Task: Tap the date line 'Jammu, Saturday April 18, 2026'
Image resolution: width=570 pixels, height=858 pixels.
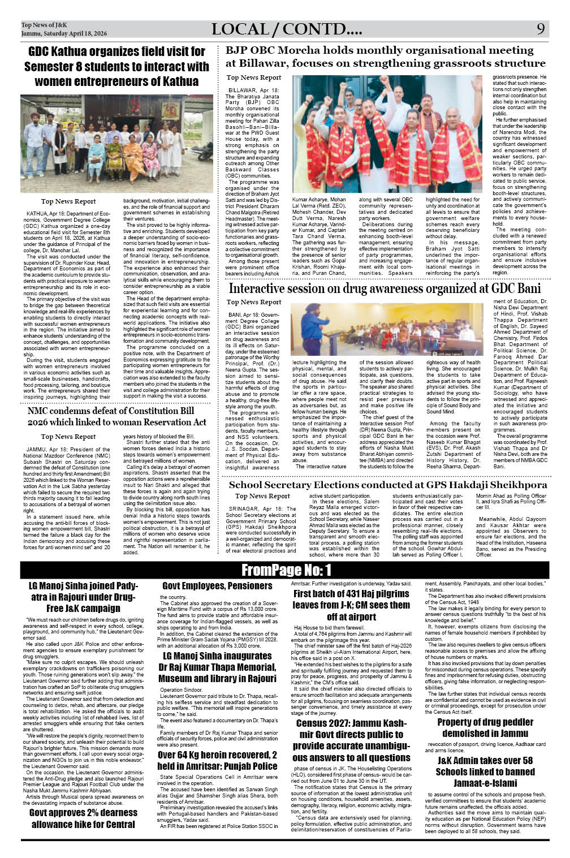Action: [x=64, y=34]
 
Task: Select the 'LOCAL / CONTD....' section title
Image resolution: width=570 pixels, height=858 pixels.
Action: [x=287, y=29]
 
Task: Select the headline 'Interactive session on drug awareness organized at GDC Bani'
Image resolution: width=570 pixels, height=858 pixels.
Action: [x=385, y=288]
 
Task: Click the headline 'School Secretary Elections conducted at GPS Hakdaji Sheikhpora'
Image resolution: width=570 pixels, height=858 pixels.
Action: [x=388, y=485]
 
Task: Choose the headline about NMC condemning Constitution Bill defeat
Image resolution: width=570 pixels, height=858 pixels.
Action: [x=117, y=416]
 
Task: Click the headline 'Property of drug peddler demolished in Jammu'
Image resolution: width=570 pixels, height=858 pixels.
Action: [x=485, y=727]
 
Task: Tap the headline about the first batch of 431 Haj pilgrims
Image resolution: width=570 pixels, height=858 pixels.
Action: [x=351, y=605]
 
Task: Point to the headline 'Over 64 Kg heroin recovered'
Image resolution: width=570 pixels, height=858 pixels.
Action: [x=217, y=760]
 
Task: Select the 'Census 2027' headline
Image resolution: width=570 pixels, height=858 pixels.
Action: [x=351, y=740]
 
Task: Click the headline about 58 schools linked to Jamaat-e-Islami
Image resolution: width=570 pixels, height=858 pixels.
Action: [x=485, y=771]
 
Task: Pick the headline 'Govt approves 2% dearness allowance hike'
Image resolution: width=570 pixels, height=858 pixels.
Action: [x=83, y=818]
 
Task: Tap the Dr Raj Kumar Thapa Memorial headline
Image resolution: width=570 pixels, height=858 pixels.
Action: [x=217, y=667]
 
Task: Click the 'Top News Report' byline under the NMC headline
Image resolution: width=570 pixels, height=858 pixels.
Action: [x=68, y=437]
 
